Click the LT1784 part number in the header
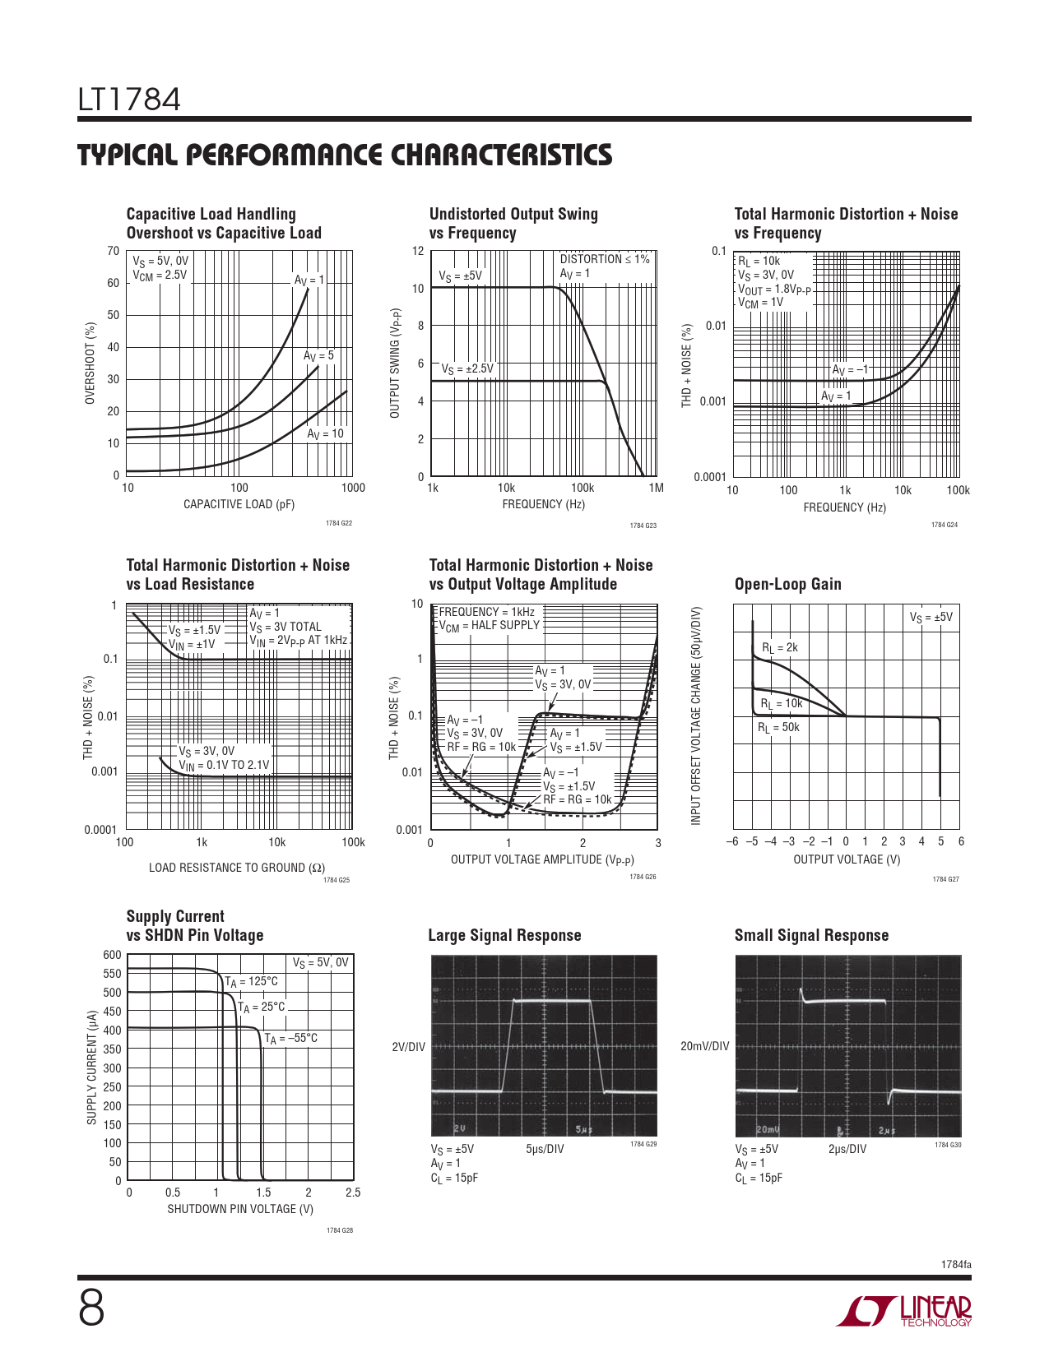click(x=129, y=100)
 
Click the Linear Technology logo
click(x=903, y=1311)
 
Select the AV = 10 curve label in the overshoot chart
click(x=325, y=434)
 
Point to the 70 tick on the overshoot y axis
click(x=113, y=251)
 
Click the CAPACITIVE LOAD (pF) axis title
click(x=239, y=504)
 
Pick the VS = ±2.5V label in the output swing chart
click(x=466, y=369)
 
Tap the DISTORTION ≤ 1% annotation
click(x=604, y=258)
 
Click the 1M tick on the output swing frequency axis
click(x=656, y=488)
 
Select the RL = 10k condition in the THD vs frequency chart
click(x=759, y=261)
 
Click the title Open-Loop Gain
click(x=788, y=584)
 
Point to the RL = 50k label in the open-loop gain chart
click(x=778, y=728)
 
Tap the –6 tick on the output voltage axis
click(x=732, y=841)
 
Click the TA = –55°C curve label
click(x=290, y=1039)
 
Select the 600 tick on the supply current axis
click(x=113, y=954)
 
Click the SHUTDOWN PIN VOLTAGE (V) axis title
click(x=240, y=1208)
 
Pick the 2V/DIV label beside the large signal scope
click(x=409, y=1047)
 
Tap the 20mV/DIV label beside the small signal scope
click(x=705, y=1046)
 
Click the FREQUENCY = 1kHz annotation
click(x=487, y=612)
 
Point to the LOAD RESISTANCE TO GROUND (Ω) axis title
click(x=237, y=868)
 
